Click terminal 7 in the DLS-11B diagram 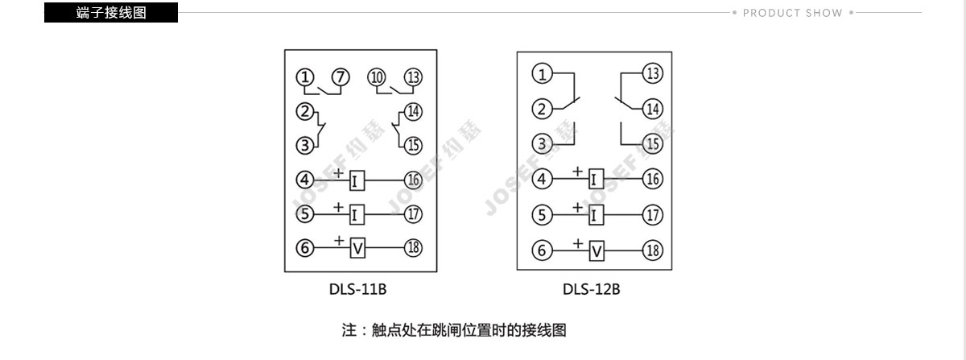pyautogui.click(x=341, y=77)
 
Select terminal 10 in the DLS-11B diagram pyautogui.click(x=377, y=77)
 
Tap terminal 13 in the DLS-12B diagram pyautogui.click(x=653, y=73)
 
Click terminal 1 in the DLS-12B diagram pyautogui.click(x=542, y=74)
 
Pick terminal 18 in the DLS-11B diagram pyautogui.click(x=413, y=248)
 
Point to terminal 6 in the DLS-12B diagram pyautogui.click(x=542, y=250)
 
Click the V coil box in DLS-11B pyautogui.click(x=357, y=248)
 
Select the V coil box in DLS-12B pyautogui.click(x=597, y=250)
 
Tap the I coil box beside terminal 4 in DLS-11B pyautogui.click(x=357, y=180)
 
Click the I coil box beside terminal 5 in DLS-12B pyautogui.click(x=596, y=215)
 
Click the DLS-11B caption pyautogui.click(x=357, y=289)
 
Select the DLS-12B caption pyautogui.click(x=591, y=289)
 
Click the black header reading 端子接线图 pyautogui.click(x=111, y=13)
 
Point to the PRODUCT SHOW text pyautogui.click(x=792, y=13)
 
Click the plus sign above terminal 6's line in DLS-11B pyautogui.click(x=339, y=241)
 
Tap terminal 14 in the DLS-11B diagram pyautogui.click(x=413, y=112)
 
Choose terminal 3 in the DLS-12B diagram pyautogui.click(x=542, y=144)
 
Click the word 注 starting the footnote pyautogui.click(x=349, y=330)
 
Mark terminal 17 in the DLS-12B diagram pyautogui.click(x=653, y=215)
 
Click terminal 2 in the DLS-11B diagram pyautogui.click(x=305, y=111)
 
